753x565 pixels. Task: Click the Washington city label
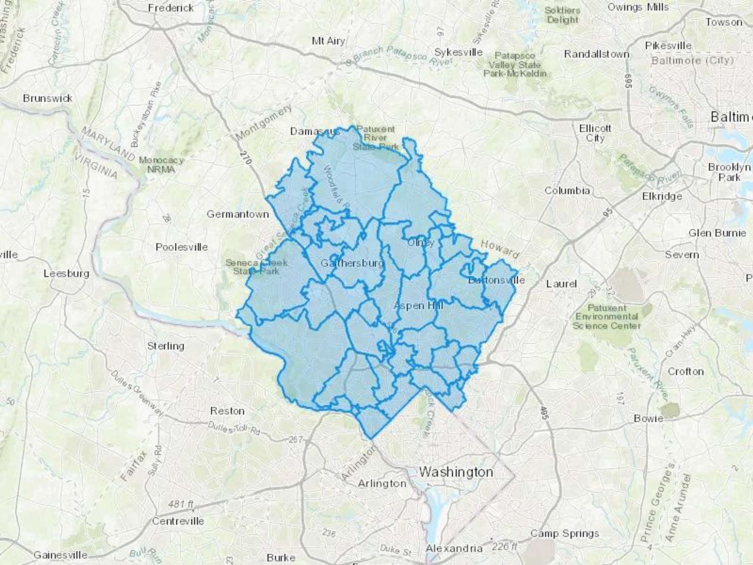pyautogui.click(x=456, y=472)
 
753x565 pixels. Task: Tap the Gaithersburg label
pyautogui.click(x=352, y=263)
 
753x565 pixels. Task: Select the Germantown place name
pyautogui.click(x=238, y=214)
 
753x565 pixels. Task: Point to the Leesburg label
pyautogui.click(x=67, y=274)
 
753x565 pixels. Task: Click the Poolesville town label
pyautogui.click(x=182, y=247)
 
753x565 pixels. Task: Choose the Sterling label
pyautogui.click(x=166, y=346)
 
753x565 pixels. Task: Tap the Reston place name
pyautogui.click(x=227, y=411)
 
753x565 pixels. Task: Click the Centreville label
pyautogui.click(x=178, y=521)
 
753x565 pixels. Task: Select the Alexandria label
pyautogui.click(x=454, y=548)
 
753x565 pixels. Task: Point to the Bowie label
pyautogui.click(x=648, y=418)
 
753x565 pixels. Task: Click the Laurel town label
pyautogui.click(x=561, y=284)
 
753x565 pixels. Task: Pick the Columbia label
pyautogui.click(x=567, y=191)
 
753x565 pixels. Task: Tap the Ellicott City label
pyautogui.click(x=595, y=133)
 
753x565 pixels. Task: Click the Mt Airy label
pyautogui.click(x=328, y=41)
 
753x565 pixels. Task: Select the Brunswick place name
pyautogui.click(x=48, y=98)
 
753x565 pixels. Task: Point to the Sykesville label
pyautogui.click(x=458, y=52)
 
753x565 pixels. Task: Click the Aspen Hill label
pyautogui.click(x=418, y=306)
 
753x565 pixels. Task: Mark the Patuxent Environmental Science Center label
pyautogui.click(x=607, y=317)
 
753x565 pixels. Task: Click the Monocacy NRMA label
pyautogui.click(x=161, y=165)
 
